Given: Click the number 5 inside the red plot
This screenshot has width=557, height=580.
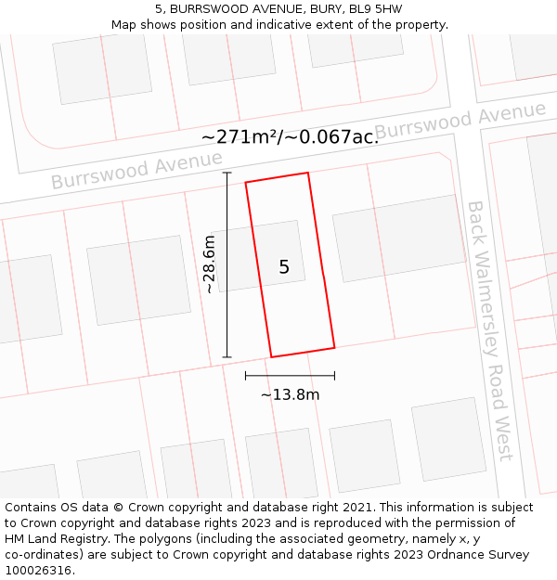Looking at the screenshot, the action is click(x=284, y=267).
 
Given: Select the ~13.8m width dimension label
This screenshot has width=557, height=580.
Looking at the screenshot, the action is click(x=290, y=394).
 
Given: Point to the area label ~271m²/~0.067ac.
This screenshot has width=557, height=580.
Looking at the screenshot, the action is click(x=290, y=136).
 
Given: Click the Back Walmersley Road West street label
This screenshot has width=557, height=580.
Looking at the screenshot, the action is click(x=489, y=329).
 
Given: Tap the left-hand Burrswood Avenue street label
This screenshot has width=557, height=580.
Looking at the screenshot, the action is click(x=136, y=170).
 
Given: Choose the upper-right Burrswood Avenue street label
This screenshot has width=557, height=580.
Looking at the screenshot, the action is click(x=460, y=122).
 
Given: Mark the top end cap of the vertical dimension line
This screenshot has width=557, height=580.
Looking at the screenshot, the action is click(x=227, y=173).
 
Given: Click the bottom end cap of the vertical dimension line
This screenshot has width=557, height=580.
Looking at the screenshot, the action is click(x=227, y=356).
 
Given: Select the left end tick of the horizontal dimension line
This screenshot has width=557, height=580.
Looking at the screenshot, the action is click(x=245, y=376).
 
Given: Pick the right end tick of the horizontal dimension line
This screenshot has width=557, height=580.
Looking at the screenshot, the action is click(x=334, y=376).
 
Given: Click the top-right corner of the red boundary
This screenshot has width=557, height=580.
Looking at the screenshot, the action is click(x=307, y=173).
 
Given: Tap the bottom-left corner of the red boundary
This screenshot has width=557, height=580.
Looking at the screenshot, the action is click(x=271, y=356).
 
